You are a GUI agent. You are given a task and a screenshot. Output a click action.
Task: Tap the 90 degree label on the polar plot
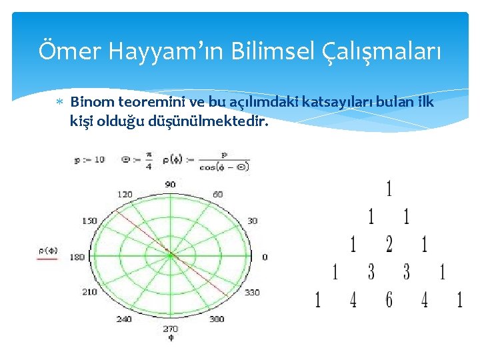(x=170, y=184)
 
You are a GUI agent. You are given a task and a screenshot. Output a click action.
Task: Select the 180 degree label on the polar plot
(x=78, y=257)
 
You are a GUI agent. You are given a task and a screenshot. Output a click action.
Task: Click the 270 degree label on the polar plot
(x=170, y=329)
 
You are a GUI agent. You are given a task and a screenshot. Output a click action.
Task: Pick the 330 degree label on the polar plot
(x=253, y=293)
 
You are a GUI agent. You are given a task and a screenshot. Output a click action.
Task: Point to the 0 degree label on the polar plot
(x=265, y=257)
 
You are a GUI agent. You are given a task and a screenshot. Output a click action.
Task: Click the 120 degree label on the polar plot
(x=125, y=194)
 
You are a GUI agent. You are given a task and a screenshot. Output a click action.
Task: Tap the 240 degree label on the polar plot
(x=125, y=319)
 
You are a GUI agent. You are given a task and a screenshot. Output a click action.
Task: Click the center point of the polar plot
(x=170, y=255)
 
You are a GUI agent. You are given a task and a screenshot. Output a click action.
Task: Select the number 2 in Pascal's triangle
(x=389, y=245)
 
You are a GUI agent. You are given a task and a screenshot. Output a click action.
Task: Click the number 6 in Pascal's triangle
(x=389, y=300)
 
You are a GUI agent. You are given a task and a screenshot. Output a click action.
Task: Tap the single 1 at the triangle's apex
(x=389, y=189)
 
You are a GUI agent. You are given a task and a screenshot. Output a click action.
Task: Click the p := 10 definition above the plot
(x=89, y=160)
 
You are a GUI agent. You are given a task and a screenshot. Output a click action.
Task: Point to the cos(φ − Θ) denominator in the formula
(x=223, y=166)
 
